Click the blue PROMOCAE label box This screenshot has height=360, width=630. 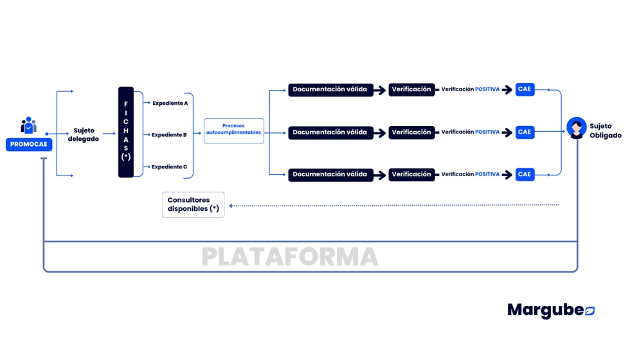pyautogui.click(x=29, y=145)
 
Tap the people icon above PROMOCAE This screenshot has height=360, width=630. pyautogui.click(x=29, y=125)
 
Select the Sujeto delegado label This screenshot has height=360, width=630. pyautogui.click(x=84, y=135)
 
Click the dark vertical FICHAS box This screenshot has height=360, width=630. pyautogui.click(x=126, y=132)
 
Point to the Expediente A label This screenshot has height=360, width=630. pyautogui.click(x=170, y=103)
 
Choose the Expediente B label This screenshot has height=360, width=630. pyautogui.click(x=169, y=135)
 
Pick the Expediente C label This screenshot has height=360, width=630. pyautogui.click(x=169, y=167)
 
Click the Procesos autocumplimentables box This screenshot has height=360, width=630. pyautogui.click(x=234, y=130)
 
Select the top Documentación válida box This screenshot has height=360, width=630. pyautogui.click(x=330, y=90)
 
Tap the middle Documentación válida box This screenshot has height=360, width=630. pyautogui.click(x=330, y=132)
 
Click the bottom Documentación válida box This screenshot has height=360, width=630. pyautogui.click(x=330, y=174)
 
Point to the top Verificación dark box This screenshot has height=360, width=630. pyautogui.click(x=411, y=90)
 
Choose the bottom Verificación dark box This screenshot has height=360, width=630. pyautogui.click(x=411, y=174)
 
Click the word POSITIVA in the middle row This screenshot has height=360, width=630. pyautogui.click(x=487, y=132)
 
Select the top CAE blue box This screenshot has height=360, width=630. pyautogui.click(x=525, y=89)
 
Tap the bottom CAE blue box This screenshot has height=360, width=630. pyautogui.click(x=525, y=174)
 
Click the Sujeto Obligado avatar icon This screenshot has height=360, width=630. pyautogui.click(x=576, y=127)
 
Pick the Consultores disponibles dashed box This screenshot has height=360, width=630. pyautogui.click(x=194, y=204)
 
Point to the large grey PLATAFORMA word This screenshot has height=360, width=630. pyautogui.click(x=290, y=256)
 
